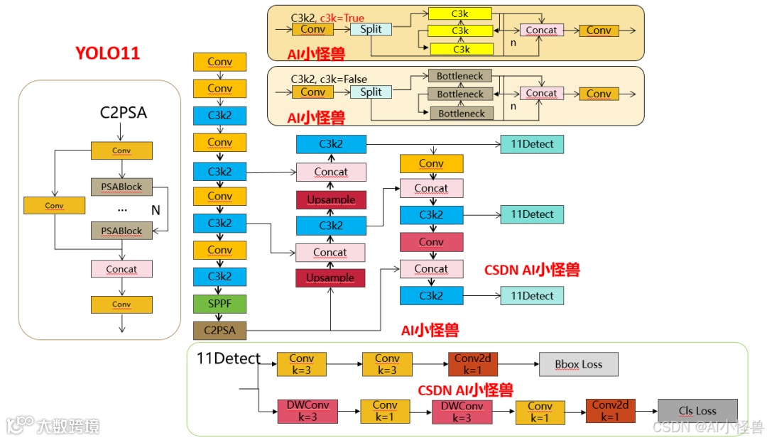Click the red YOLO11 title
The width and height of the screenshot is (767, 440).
click(108, 53)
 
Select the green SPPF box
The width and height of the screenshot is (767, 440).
click(219, 304)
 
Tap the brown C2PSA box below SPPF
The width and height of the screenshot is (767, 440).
click(219, 330)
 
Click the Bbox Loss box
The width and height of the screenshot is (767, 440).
click(578, 364)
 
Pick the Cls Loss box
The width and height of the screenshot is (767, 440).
click(697, 411)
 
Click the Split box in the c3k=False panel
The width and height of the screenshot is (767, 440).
click(371, 92)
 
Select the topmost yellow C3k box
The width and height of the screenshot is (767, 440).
click(460, 13)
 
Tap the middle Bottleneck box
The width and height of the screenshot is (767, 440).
click(460, 94)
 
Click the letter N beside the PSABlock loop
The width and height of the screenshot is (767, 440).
click(156, 210)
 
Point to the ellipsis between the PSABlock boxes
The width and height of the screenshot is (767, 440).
click(122, 209)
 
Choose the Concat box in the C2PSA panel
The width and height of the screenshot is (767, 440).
click(121, 269)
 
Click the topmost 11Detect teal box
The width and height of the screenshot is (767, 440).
click(532, 144)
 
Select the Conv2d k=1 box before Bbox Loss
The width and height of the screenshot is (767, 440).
click(472, 364)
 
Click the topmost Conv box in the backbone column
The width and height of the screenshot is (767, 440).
click(219, 62)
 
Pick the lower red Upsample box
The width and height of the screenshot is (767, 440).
click(330, 278)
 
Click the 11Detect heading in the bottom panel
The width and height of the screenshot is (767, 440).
click(228, 359)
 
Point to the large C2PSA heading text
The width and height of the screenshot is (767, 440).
click(124, 112)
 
